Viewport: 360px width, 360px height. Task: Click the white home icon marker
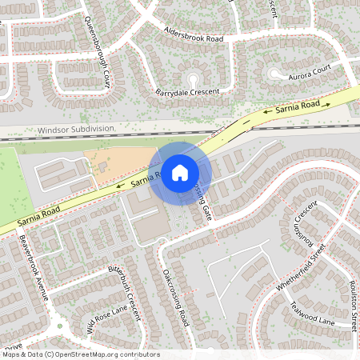(x=180, y=172)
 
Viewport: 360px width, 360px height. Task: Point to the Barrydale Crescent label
(x=187, y=92)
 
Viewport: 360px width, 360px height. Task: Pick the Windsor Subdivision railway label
(x=76, y=129)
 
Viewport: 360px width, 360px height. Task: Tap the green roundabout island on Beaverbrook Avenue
(x=59, y=326)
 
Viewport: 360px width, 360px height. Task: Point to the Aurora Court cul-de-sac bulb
(x=275, y=74)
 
